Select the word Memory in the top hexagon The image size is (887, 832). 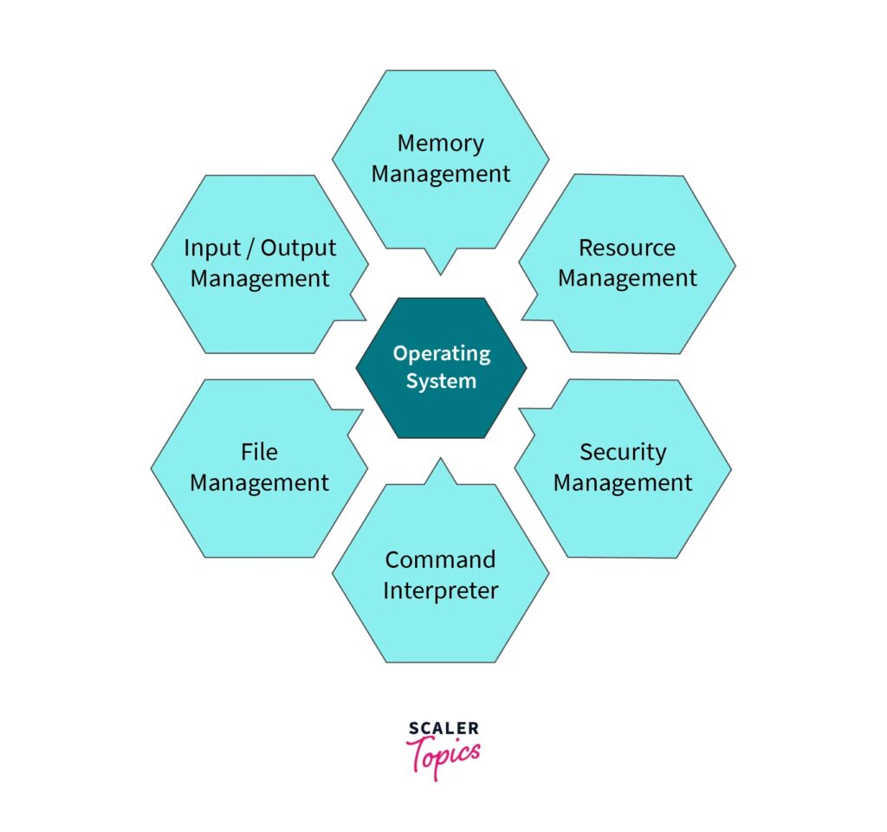(440, 143)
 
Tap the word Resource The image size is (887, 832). (626, 248)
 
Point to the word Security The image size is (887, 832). (623, 452)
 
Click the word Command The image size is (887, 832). (440, 559)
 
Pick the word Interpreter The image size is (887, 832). (440, 590)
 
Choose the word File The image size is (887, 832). (259, 452)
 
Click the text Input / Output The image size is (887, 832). (259, 248)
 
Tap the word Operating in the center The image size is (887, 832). (441, 353)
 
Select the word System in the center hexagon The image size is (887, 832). (441, 381)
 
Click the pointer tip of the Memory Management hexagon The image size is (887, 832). (441, 274)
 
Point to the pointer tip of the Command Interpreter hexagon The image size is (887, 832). (441, 460)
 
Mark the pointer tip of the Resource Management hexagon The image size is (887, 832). (522, 317)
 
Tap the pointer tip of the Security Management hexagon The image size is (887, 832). (520, 408)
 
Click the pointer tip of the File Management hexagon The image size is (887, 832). (362, 410)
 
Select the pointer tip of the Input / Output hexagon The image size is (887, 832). (365, 318)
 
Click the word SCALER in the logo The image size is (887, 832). (442, 729)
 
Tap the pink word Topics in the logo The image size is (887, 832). (443, 754)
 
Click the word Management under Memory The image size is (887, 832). (440, 174)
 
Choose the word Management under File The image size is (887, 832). (259, 483)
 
